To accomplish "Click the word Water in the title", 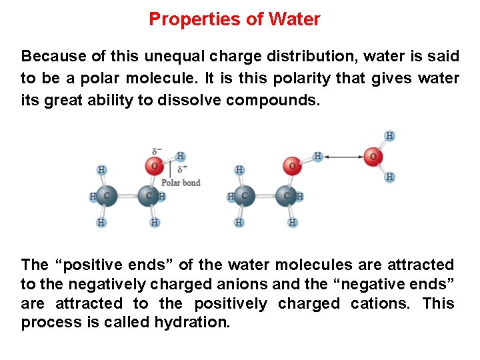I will tap(294, 19).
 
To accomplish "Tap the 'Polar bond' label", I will tap(181, 183).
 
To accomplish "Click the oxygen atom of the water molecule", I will tap(373, 157).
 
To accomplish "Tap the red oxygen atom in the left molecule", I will tap(155, 165).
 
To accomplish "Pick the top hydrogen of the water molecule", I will tap(389, 136).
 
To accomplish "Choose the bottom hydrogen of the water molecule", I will tap(390, 177).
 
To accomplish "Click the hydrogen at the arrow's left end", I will tap(318, 157).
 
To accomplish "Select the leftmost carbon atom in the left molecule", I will tap(105, 196).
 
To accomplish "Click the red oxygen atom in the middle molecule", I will tap(291, 165).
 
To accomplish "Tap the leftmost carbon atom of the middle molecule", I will tap(243, 196).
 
